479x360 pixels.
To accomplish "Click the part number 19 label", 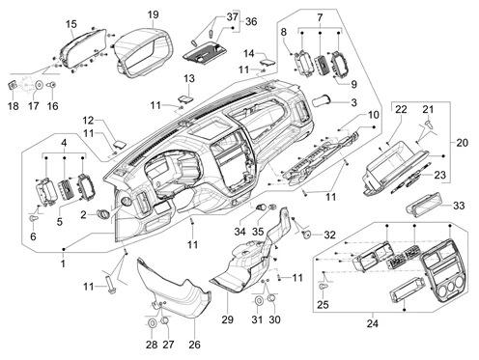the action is tap(154, 14).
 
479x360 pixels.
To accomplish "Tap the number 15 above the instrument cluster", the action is tap(71, 24).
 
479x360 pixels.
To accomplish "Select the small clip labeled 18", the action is tap(13, 86).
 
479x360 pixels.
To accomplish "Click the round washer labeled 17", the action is tap(40, 85).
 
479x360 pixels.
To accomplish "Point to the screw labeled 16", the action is tap(52, 85).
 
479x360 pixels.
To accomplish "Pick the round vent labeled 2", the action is tap(103, 213).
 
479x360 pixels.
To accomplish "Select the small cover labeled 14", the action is tap(268, 62).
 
